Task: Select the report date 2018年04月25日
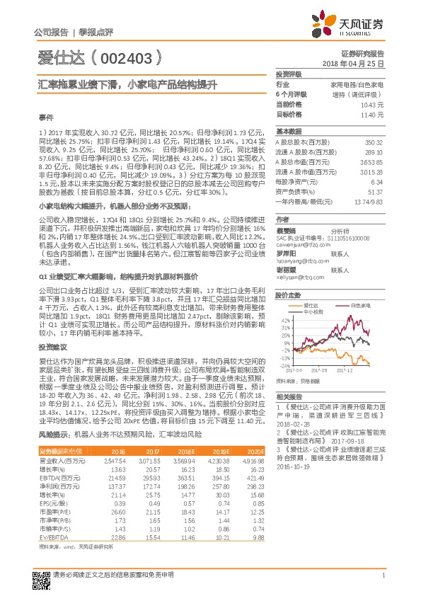(x=363, y=64)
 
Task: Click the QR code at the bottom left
(x=41, y=578)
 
